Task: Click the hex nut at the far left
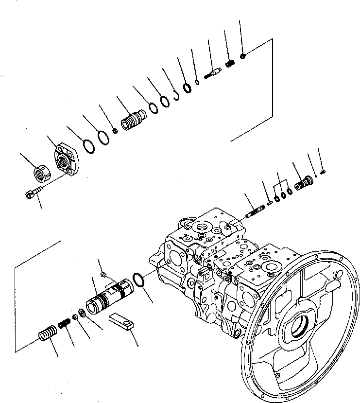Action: (40, 172)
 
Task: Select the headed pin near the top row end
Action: (212, 72)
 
